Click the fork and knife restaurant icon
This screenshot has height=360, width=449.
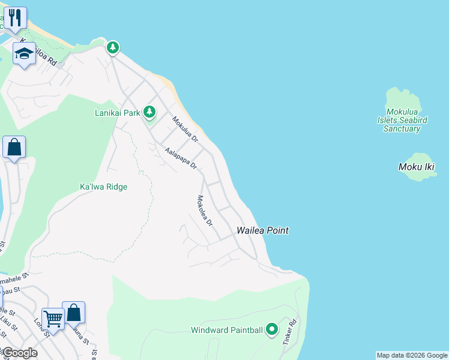coord(15,17)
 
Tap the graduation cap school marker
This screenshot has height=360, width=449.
coord(24,54)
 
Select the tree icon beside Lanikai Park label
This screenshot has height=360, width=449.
coord(149,112)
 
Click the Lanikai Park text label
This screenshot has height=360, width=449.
coord(117,112)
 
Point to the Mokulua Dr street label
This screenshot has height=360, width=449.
coord(185,129)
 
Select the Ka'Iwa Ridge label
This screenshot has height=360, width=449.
coord(103,187)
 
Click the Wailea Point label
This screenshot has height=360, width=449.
coord(262,230)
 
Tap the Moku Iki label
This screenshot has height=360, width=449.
coord(416,167)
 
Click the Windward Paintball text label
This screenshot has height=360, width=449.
coord(227,330)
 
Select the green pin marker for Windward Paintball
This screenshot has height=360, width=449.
coord(271,329)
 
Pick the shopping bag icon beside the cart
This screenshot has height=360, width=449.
coord(73,312)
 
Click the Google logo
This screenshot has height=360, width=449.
coord(19,353)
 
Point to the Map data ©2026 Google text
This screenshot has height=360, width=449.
coord(412,355)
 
